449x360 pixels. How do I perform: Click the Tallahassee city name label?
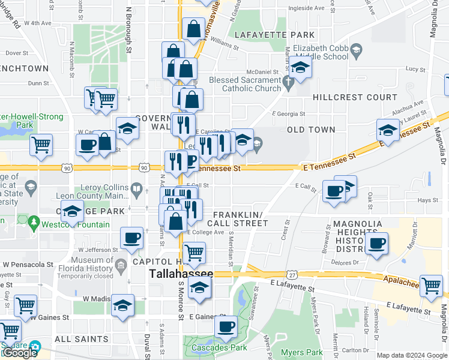[x=181, y=274]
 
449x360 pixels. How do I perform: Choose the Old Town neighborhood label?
[x=311, y=130]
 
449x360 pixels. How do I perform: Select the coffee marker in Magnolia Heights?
[x=376, y=244]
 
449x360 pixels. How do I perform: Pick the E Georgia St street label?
[x=288, y=114]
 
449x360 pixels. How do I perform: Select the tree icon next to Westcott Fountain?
[x=34, y=224]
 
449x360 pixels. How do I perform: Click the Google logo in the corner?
[x=19, y=353]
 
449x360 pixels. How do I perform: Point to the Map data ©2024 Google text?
[x=412, y=355]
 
